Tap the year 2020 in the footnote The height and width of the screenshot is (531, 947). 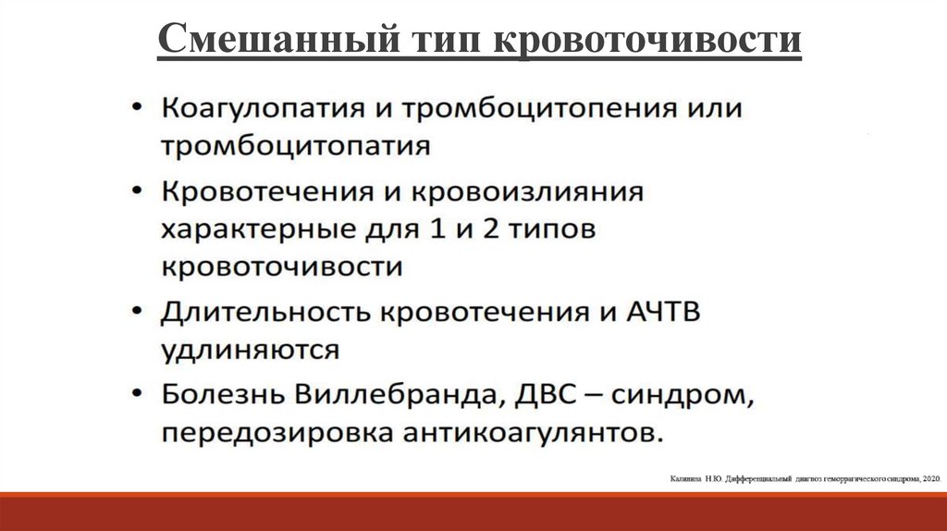pos(929,478)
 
